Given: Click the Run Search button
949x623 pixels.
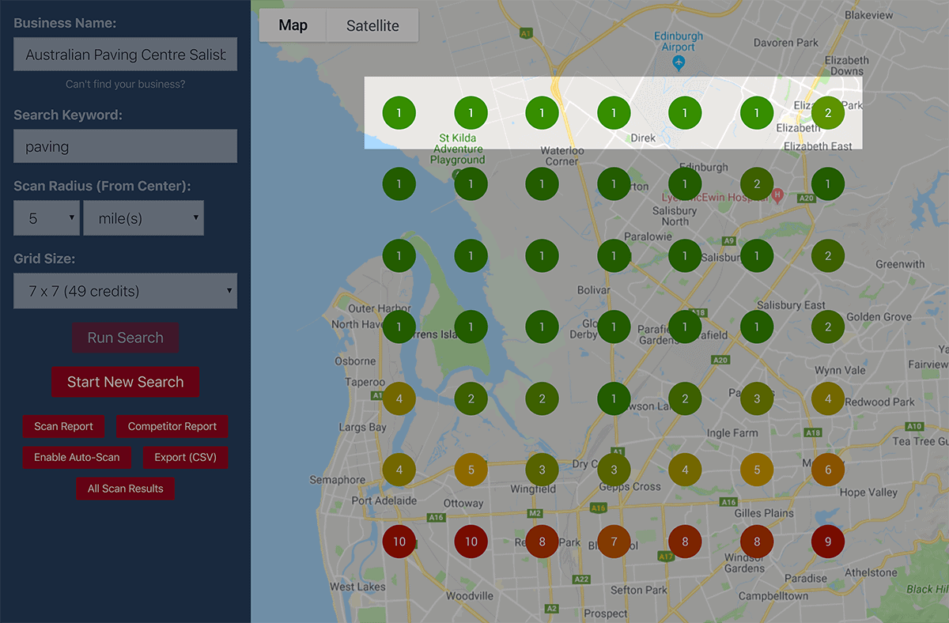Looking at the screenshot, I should [x=125, y=338].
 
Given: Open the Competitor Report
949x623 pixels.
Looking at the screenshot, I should [x=172, y=426].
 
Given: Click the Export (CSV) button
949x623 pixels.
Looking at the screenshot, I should [x=185, y=457].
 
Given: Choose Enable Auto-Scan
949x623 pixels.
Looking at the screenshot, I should [x=77, y=457].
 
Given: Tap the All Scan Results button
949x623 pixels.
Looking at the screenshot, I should [x=125, y=489].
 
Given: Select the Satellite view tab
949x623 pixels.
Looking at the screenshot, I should [x=372, y=25].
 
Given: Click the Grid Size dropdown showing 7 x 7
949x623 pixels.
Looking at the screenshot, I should [x=125, y=291].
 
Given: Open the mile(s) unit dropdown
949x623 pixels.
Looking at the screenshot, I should [x=143, y=218].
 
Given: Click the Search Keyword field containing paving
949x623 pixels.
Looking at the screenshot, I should [x=125, y=146].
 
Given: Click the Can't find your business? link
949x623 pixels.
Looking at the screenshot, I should [x=125, y=85].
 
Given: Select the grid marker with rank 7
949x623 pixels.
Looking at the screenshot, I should [x=614, y=542].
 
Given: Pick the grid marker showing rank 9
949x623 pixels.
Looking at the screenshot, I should [x=828, y=542].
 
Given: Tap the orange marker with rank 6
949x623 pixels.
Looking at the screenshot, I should [x=828, y=470].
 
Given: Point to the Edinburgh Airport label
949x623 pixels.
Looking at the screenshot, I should [x=678, y=42].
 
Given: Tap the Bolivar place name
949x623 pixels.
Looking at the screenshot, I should [x=593, y=291].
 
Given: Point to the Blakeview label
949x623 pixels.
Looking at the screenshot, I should [x=868, y=15].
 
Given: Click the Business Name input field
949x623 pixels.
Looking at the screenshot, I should [x=125, y=55].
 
